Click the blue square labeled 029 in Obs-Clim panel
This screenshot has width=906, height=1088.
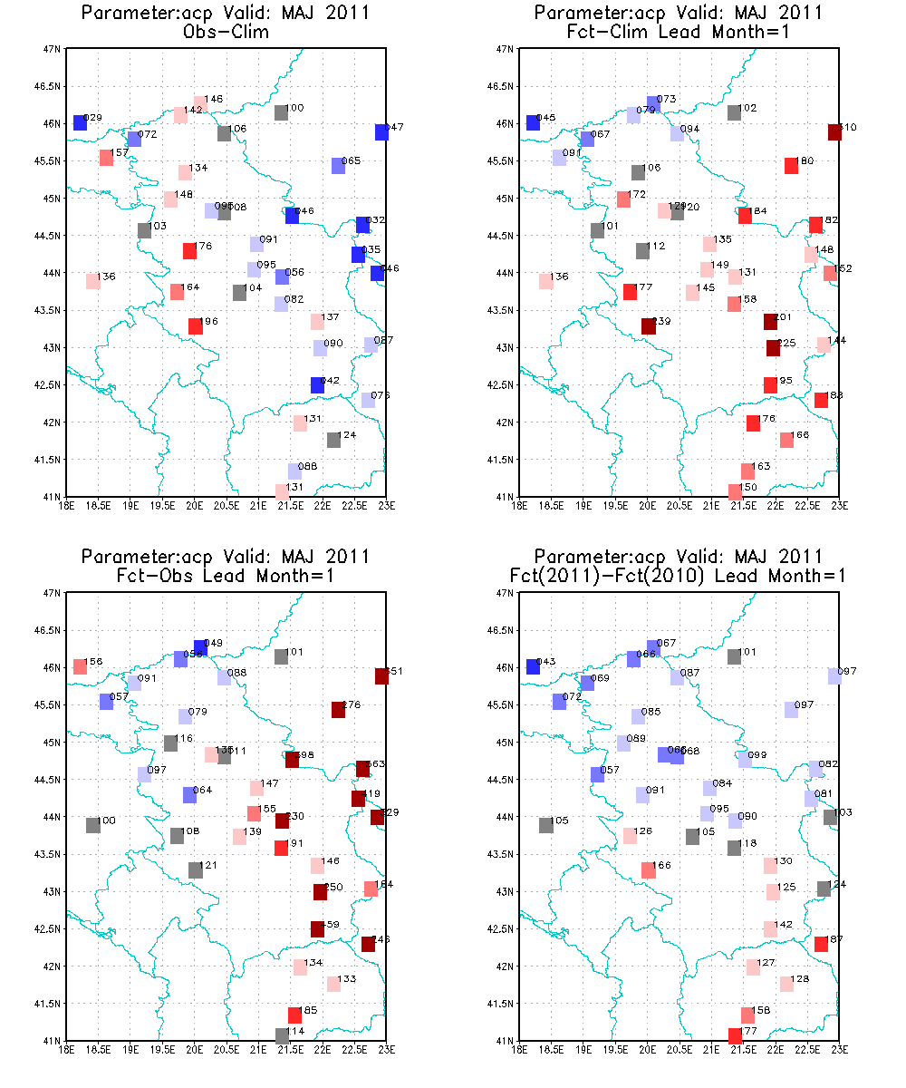tap(80, 122)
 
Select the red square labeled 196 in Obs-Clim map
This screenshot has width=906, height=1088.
tap(195, 326)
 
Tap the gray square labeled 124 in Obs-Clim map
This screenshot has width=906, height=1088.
tap(333, 440)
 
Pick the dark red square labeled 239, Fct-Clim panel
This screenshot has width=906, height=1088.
tap(648, 326)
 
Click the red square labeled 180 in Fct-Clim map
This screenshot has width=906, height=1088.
tap(791, 166)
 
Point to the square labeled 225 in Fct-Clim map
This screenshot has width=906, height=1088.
tap(773, 348)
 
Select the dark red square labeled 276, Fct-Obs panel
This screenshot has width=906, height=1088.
tap(338, 710)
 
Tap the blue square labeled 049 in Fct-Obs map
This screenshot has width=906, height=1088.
tap(200, 647)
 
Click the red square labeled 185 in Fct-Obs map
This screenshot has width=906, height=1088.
tap(294, 1015)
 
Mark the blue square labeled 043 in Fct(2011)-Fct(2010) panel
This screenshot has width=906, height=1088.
tap(533, 666)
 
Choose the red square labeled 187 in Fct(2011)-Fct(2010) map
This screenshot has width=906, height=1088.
tap(821, 944)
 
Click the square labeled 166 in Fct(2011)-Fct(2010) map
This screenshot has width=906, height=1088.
tap(648, 870)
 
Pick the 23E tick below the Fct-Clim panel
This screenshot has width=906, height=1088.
tap(839, 505)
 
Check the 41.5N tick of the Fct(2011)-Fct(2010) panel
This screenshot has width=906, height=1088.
tap(501, 1004)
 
